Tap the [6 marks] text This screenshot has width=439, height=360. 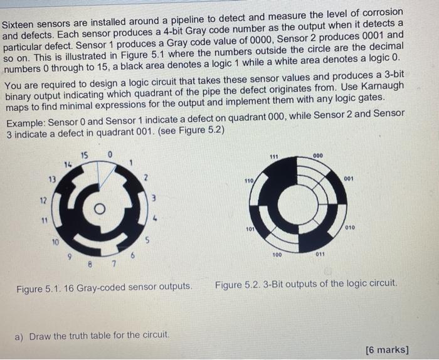tap(386, 349)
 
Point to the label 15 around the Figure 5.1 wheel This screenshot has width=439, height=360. tap(85, 154)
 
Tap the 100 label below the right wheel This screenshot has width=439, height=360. tap(277, 256)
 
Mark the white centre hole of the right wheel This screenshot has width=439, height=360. tap(299, 204)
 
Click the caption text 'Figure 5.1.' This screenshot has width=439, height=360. tap(38, 287)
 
